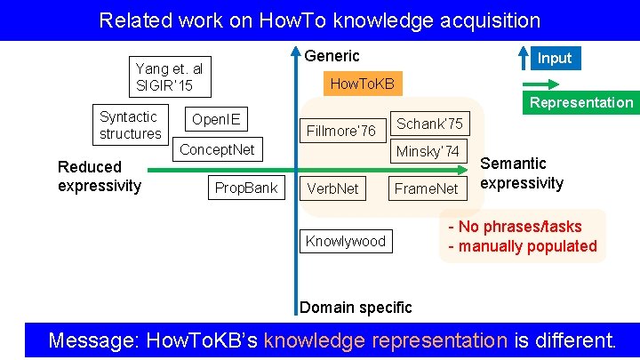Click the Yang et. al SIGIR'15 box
[x=169, y=77]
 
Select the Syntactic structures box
[x=131, y=125]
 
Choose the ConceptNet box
[x=218, y=149]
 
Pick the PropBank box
[x=245, y=188]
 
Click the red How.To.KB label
[x=362, y=84]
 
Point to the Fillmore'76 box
[x=340, y=131]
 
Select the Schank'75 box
[x=429, y=124]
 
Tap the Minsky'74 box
[x=428, y=151]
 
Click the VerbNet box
[x=332, y=188]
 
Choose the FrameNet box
[x=426, y=188]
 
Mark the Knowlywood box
[x=346, y=241]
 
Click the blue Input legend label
[x=554, y=58]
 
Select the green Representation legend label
[x=581, y=102]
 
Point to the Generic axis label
[x=332, y=56]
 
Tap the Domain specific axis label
[x=356, y=308]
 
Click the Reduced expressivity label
[x=99, y=176]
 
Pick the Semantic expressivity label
[x=522, y=173]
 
